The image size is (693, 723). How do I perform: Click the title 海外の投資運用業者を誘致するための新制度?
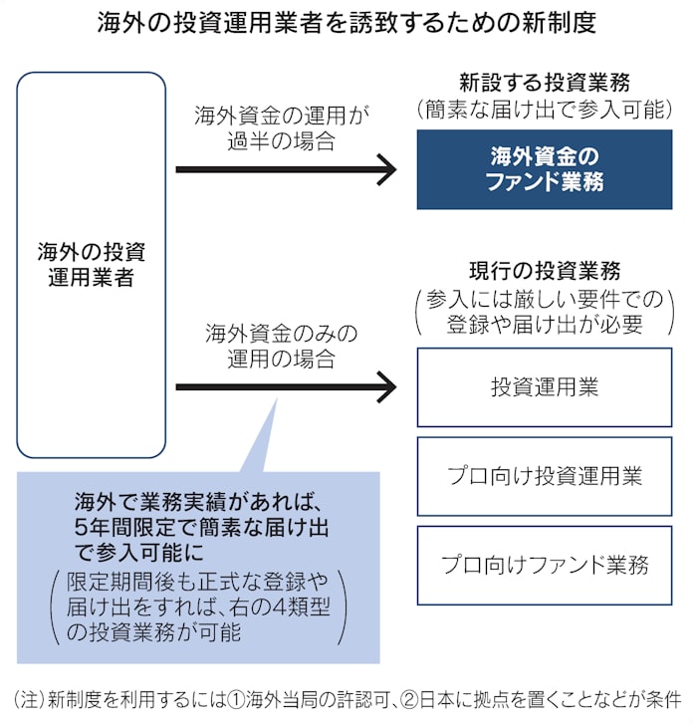coord(346,23)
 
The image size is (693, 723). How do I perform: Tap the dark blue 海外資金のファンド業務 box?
coord(544,169)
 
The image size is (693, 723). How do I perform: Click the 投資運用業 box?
coord(544,386)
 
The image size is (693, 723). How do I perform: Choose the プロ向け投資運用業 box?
coord(544,475)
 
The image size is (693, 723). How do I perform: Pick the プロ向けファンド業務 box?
coord(544,565)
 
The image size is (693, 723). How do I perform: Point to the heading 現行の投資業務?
coord(544,271)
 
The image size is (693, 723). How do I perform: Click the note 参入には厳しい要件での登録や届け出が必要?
coord(544,311)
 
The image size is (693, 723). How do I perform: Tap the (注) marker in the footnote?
coord(30,696)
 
